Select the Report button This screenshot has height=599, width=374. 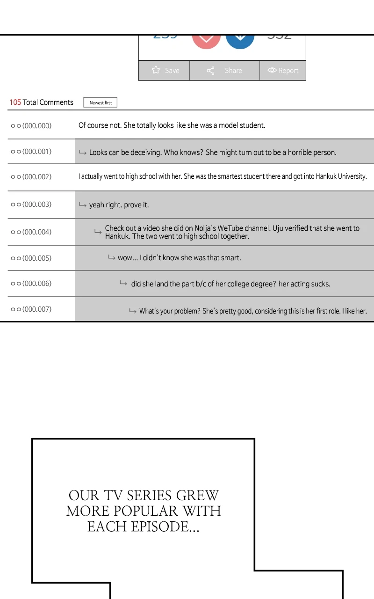coord(283,71)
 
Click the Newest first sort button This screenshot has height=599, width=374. coord(101,102)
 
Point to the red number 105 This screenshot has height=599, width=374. coord(15,102)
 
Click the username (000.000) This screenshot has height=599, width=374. coord(31,126)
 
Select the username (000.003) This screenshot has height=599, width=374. coord(31,205)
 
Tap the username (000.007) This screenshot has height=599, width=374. coord(31,309)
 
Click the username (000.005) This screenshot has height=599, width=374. coord(31,258)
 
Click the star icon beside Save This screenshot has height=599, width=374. coord(156,70)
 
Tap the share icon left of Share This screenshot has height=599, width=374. coord(210,71)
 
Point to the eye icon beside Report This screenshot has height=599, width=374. coord(272,70)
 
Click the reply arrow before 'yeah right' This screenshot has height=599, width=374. coord(83,205)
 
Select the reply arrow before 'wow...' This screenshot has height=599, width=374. coord(112,258)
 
